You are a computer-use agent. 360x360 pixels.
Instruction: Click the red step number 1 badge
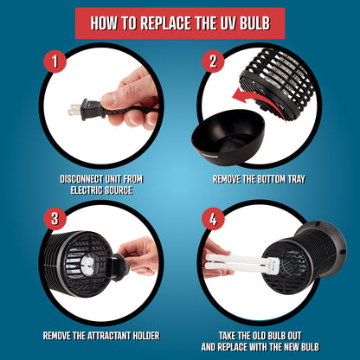[x=55, y=61]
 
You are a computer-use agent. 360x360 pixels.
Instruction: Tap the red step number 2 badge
[x=213, y=61]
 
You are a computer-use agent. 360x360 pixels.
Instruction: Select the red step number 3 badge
[x=55, y=219]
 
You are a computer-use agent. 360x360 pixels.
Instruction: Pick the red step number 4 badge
[x=213, y=219]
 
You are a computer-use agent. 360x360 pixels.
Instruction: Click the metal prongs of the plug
[x=74, y=108]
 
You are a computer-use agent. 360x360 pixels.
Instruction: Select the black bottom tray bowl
[x=228, y=138]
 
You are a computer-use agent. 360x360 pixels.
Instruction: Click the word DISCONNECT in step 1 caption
[x=81, y=179]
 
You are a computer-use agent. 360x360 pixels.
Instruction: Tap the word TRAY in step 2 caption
[x=296, y=179]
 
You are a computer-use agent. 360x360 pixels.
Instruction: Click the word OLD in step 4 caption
[x=259, y=336]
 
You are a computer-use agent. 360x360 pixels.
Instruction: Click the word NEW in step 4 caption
[x=292, y=347]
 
